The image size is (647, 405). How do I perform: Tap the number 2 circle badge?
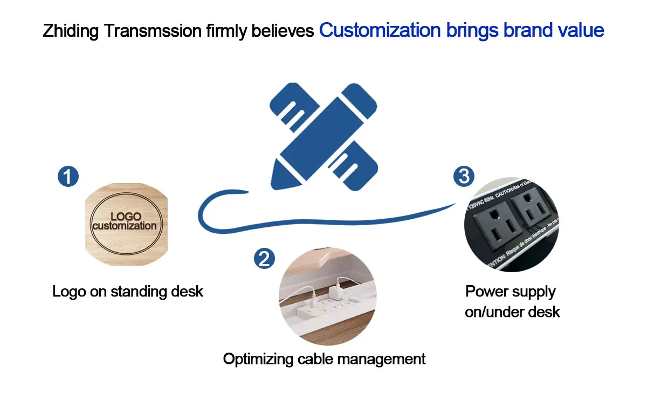(264, 259)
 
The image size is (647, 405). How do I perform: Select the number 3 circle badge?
(464, 177)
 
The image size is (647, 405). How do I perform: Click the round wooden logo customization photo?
(127, 224)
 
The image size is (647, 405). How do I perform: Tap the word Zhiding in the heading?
(71, 31)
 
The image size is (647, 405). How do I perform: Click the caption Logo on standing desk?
(128, 292)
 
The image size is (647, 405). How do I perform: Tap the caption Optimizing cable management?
(325, 359)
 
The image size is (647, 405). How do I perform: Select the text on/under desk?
(512, 312)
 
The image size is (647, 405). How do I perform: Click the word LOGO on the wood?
(126, 218)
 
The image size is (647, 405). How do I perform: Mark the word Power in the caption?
(487, 292)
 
